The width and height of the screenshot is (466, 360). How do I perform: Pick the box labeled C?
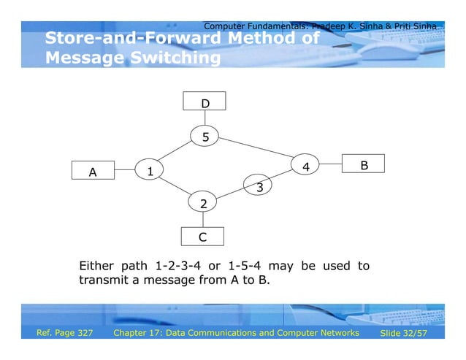tap(202, 237)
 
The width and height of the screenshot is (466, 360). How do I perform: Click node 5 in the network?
tap(205, 136)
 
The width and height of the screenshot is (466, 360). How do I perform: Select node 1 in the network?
tap(150, 171)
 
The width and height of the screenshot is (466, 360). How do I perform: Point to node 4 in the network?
tap(306, 166)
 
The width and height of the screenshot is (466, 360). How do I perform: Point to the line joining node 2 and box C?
tap(203, 220)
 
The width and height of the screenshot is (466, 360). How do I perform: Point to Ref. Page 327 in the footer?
tap(65, 333)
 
